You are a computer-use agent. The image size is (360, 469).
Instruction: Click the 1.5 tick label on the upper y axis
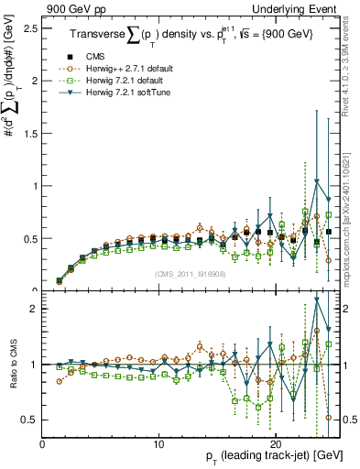[29, 133]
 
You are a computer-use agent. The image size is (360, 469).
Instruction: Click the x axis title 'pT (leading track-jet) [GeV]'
[262, 455]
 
